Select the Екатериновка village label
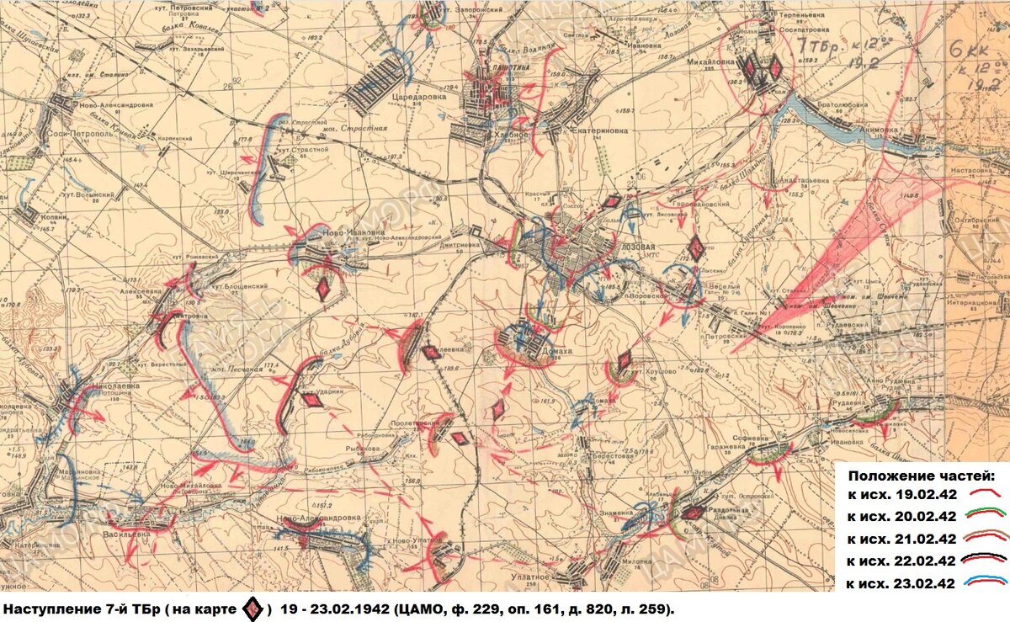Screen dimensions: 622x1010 599,130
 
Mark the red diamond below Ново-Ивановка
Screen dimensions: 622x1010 322,290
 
